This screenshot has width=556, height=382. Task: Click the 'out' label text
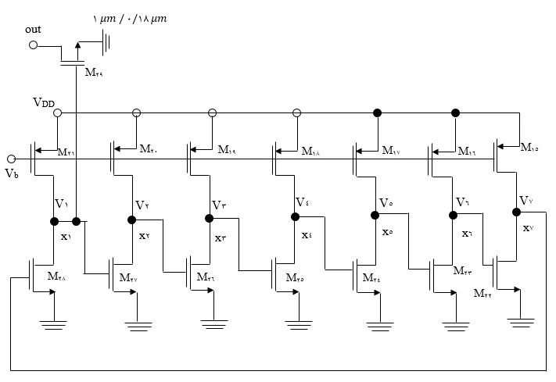coord(33,29)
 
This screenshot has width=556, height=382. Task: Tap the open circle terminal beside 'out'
coord(33,45)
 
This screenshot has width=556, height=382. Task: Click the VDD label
coord(44,102)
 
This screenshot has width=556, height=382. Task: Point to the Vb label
coord(11,173)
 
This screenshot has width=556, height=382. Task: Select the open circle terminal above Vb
coord(11,159)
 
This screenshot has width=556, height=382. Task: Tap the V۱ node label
coord(61,204)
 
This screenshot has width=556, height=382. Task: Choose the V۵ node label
coord(386,204)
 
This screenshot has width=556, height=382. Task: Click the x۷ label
coord(529,228)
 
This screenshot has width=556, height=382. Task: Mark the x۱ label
coord(66,236)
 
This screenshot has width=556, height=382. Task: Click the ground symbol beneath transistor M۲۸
coord(54,325)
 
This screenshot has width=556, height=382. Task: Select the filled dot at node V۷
coord(517,211)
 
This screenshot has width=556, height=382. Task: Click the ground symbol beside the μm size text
coord(106,44)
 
